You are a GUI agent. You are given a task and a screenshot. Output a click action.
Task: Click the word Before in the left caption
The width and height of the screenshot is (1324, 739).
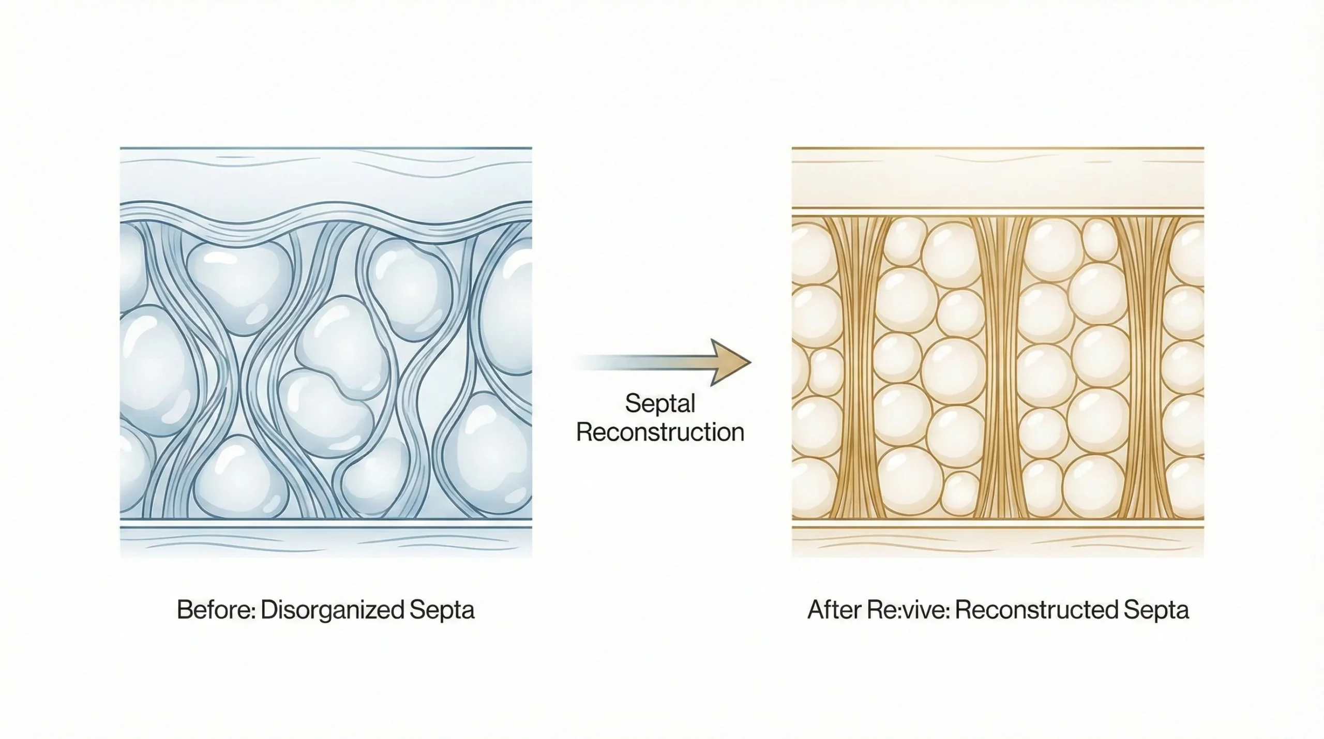pos(216,610)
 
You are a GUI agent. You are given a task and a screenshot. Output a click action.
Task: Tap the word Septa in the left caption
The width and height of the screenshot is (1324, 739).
pos(442,610)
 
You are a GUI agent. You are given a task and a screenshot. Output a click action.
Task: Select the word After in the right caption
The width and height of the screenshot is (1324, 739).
pos(833,610)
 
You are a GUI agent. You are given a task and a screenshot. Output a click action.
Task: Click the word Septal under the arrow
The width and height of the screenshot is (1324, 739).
pos(660,403)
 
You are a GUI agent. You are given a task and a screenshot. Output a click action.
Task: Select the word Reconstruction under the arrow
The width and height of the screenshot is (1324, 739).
pos(660,432)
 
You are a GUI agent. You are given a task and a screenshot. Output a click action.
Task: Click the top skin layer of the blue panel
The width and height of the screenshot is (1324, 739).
pos(326,176)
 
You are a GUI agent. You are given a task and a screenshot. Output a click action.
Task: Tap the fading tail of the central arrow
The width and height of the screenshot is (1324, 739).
pos(610,363)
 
